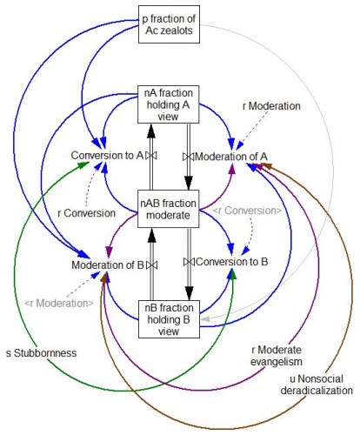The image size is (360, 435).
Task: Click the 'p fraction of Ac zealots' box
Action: [x=169, y=24]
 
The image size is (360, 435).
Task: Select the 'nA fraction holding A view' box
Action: [x=168, y=104]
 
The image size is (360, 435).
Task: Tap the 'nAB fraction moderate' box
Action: [x=168, y=209]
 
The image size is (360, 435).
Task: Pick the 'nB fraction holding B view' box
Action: [x=169, y=319]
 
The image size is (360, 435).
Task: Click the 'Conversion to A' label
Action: [x=107, y=156]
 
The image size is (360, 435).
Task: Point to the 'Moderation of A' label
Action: [x=231, y=157]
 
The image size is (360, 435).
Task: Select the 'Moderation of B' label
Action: [x=108, y=265]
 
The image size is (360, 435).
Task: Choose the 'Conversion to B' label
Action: [x=232, y=262]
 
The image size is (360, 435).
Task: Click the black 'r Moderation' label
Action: [x=271, y=106]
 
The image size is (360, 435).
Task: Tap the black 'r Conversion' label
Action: [x=87, y=213]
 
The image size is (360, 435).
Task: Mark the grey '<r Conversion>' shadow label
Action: [x=247, y=211]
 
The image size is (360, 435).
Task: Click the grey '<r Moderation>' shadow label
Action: [x=59, y=304]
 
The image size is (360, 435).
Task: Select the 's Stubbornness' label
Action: [x=42, y=353]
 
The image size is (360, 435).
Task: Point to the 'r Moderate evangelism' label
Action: [x=277, y=356]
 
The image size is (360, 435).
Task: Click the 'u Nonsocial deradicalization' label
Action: [x=317, y=385]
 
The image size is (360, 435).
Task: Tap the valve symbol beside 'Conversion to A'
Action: [x=151, y=156]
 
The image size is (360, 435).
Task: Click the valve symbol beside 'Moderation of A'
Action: [x=189, y=157]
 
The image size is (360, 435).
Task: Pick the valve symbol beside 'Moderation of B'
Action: [x=151, y=265]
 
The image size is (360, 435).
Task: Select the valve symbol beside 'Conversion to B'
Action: [x=190, y=262]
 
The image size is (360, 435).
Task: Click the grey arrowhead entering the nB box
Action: [x=205, y=319]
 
